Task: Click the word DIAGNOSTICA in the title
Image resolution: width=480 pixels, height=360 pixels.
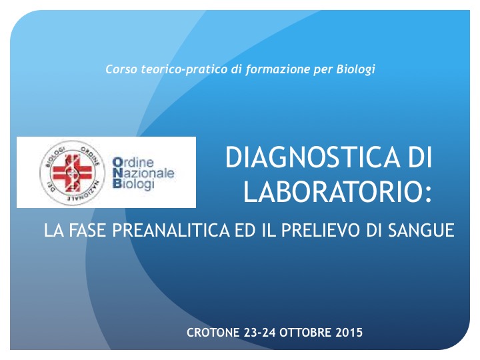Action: (313, 157)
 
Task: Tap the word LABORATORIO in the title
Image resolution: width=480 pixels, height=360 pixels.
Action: (331, 191)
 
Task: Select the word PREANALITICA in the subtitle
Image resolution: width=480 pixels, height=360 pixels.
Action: (171, 230)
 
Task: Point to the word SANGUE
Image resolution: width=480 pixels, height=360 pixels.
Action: (421, 230)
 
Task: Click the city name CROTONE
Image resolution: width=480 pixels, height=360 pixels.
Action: (213, 333)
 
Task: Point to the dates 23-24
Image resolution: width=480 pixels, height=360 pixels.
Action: (259, 333)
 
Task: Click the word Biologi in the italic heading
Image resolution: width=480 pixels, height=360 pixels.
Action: (356, 69)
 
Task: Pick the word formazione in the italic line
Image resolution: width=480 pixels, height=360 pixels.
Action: (277, 69)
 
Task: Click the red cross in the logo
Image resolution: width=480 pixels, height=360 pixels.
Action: (72, 173)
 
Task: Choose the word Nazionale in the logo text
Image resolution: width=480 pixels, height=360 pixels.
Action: (143, 173)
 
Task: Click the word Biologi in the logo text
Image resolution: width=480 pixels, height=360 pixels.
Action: (133, 184)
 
